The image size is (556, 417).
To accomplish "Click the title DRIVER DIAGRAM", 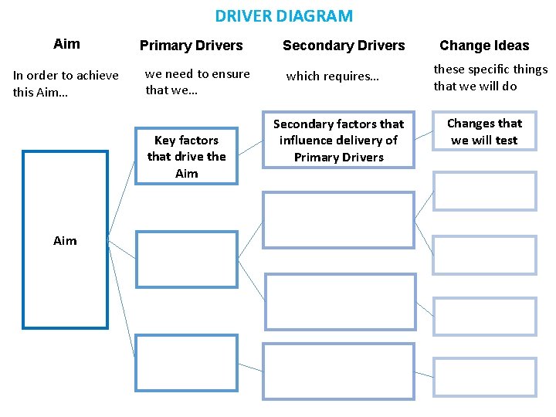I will [x=283, y=15].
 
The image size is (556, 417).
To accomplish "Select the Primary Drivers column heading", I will [x=191, y=46].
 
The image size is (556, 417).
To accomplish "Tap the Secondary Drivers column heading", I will [x=344, y=46].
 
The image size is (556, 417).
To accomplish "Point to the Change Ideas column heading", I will [x=484, y=46].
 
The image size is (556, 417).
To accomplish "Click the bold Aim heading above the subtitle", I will [x=66, y=44].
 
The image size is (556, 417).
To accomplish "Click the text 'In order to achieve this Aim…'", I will [x=66, y=83].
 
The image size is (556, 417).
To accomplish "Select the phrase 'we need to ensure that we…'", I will [x=198, y=82].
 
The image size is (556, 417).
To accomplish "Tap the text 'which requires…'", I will [x=333, y=76].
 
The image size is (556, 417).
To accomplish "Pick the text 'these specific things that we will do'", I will [x=490, y=77].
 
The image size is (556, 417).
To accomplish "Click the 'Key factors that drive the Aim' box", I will [x=186, y=157].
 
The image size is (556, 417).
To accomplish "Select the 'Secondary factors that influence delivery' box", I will [x=339, y=141].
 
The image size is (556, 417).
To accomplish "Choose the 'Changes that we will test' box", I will [x=484, y=132].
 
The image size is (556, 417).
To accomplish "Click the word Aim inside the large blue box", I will [x=65, y=241].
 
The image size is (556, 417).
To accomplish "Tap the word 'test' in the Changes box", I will [x=507, y=141].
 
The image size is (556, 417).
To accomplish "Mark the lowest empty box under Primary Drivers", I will [x=186, y=362].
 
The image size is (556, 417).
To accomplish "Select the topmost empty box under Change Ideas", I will [x=484, y=192].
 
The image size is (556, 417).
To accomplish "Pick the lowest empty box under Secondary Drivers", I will [x=338, y=371].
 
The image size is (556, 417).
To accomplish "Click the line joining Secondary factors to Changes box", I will [x=424, y=137].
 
